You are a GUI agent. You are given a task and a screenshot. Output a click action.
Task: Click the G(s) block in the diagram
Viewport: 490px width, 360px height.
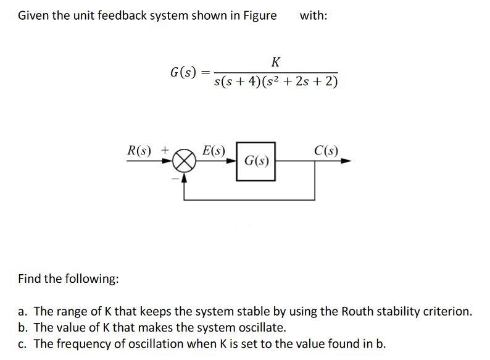(255, 161)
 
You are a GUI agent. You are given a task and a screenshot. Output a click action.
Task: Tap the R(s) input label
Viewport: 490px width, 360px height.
(140, 149)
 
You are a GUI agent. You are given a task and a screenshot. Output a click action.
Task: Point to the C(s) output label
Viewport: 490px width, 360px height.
(326, 149)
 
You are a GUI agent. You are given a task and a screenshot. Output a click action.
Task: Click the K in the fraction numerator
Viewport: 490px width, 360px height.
(275, 62)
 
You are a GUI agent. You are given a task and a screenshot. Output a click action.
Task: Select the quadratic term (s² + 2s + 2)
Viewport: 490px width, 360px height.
(301, 83)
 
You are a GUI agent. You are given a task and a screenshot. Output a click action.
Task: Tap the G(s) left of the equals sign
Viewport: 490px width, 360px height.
(183, 72)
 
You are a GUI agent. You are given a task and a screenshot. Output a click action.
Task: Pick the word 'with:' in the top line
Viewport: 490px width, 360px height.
(314, 15)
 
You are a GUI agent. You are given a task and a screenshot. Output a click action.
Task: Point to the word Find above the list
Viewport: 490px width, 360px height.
(30, 278)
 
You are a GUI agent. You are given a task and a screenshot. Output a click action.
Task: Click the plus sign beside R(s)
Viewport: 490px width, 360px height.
(165, 149)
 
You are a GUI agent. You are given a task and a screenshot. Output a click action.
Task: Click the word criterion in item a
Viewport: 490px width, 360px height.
(449, 311)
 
